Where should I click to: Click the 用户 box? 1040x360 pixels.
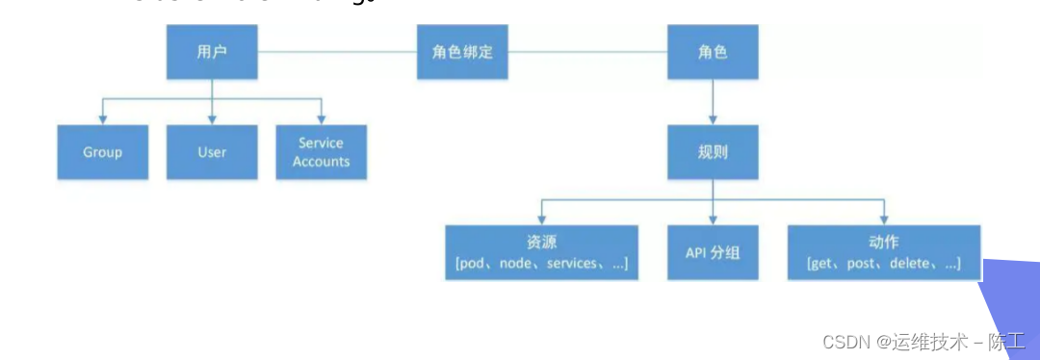[x=212, y=52]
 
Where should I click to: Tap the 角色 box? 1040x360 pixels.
[x=712, y=52]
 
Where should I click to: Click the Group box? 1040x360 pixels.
[x=103, y=152]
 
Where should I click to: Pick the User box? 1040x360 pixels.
[x=212, y=152]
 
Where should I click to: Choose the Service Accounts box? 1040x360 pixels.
[x=321, y=152]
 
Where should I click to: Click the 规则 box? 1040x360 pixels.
[x=712, y=152]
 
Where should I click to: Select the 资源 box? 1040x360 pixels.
[x=541, y=252]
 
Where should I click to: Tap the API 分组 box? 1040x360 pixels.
[x=712, y=252]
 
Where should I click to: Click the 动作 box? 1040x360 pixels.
[x=883, y=252]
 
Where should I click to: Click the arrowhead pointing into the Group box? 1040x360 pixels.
[x=103, y=120]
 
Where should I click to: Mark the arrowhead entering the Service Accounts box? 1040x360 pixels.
[x=321, y=120]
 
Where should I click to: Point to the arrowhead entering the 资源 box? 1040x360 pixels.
[x=541, y=220]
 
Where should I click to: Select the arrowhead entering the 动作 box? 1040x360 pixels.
[x=883, y=220]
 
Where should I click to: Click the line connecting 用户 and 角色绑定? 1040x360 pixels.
[x=337, y=51]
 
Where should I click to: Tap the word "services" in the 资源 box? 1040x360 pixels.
[x=572, y=264]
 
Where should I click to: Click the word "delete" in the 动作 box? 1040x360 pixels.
[x=909, y=264]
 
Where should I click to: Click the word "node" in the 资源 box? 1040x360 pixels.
[x=516, y=264]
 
